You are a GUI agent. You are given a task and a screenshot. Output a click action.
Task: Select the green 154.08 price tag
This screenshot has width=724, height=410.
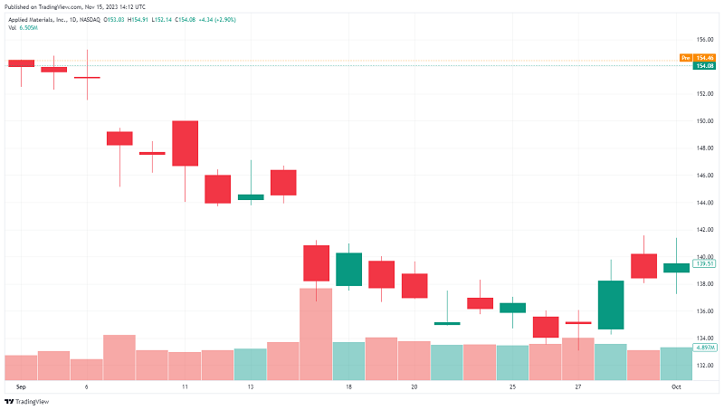pyautogui.click(x=705, y=65)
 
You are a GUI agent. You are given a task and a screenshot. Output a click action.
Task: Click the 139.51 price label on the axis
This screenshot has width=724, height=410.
pyautogui.click(x=705, y=263)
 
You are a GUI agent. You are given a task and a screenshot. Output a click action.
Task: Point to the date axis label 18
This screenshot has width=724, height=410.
pyautogui.click(x=348, y=386)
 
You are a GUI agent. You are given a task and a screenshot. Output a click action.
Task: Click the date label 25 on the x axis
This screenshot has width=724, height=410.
pyautogui.click(x=512, y=386)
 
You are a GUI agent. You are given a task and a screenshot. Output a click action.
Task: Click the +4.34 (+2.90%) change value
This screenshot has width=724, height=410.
pyautogui.click(x=217, y=19)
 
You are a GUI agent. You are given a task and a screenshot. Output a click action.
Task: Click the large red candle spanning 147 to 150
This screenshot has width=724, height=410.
pyautogui.click(x=185, y=143)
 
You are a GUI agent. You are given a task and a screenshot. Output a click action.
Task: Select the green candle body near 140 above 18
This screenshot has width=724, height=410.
pyautogui.click(x=348, y=269)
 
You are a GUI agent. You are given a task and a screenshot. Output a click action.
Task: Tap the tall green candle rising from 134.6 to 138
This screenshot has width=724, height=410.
pyautogui.click(x=611, y=305)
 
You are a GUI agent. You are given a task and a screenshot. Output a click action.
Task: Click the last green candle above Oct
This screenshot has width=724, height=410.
pyautogui.click(x=676, y=267)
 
